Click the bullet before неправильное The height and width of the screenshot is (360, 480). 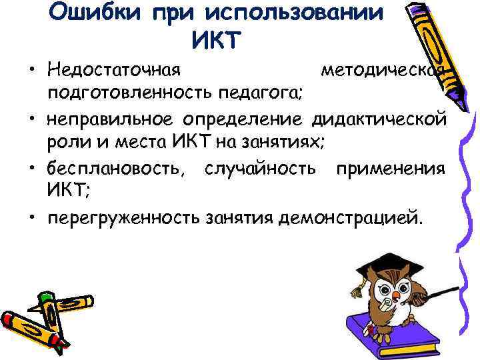(x=32, y=120)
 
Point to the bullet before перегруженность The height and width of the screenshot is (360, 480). (x=32, y=217)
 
